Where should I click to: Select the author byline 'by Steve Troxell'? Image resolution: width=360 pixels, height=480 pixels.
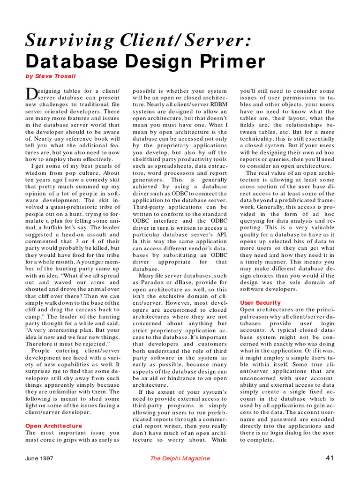[50, 76]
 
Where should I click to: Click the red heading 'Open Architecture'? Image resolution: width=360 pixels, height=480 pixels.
[53, 426]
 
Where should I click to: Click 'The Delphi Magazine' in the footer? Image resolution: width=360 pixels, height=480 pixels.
[180, 458]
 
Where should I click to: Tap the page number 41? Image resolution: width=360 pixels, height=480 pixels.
[329, 457]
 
